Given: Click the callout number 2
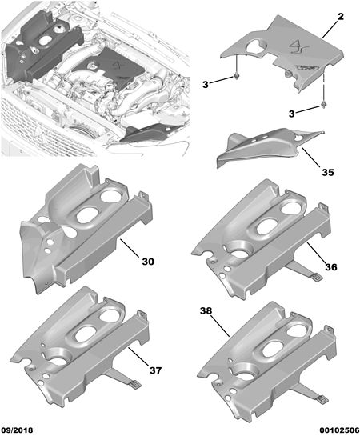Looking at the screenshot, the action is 341,17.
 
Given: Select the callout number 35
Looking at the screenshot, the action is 328,172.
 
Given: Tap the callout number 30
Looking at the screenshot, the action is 148,262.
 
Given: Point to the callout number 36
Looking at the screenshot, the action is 331,267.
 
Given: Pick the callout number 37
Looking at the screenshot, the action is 155,370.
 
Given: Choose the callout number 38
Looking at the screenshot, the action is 206,310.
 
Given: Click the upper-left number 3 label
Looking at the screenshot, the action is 206,84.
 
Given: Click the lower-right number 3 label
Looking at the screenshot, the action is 292,114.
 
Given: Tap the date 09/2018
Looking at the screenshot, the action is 17,430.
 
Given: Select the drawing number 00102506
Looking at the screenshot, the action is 339,430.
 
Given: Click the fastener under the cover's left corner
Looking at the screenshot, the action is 237,76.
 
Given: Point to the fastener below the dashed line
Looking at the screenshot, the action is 323,105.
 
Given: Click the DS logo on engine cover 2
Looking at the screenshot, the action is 298,46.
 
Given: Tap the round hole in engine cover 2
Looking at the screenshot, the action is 256,45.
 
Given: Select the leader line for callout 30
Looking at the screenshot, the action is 130,248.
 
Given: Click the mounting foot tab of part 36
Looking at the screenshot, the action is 316,276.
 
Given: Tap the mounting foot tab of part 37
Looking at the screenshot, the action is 136,384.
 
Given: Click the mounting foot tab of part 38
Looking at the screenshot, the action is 322,399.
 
